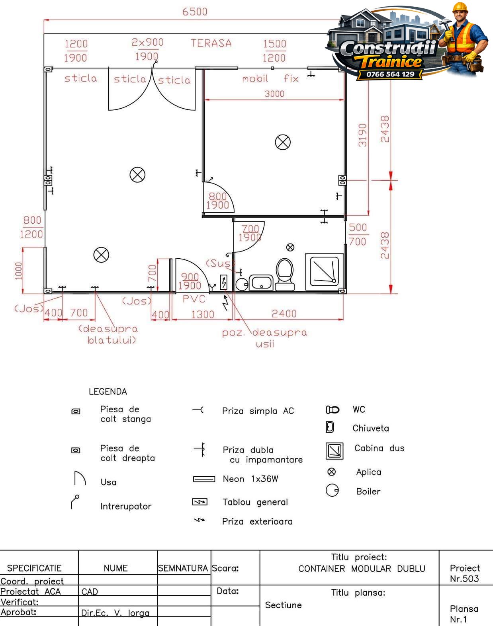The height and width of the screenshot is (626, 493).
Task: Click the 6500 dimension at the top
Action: (194, 12)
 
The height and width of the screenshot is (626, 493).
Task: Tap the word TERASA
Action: (211, 43)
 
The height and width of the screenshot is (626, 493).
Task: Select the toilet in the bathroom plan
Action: (284, 274)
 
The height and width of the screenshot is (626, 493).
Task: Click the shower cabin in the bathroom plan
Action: (325, 271)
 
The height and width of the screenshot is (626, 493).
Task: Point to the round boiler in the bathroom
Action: (242, 285)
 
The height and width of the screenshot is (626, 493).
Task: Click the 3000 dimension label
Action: (274, 94)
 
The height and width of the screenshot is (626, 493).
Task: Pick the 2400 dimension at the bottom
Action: (284, 314)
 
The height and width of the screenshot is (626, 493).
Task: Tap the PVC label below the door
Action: (194, 299)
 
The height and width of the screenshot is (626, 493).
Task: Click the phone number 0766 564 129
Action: (390, 74)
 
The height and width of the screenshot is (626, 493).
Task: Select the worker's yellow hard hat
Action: (460, 7)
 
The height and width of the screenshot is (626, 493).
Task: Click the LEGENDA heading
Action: (108, 392)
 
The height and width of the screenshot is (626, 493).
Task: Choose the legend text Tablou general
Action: (255, 502)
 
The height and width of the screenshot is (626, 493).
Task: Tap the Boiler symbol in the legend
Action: (332, 490)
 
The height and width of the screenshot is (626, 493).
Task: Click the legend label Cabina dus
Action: (379, 448)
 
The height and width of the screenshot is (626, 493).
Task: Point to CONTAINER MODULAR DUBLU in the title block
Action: (362, 568)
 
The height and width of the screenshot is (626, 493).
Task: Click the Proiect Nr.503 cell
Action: (464, 573)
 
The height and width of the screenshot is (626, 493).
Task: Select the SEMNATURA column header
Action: (183, 568)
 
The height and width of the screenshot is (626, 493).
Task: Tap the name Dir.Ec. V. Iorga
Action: (115, 613)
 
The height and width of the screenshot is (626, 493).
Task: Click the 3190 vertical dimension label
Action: (362, 135)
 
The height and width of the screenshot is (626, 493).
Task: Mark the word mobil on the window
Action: (255, 78)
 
